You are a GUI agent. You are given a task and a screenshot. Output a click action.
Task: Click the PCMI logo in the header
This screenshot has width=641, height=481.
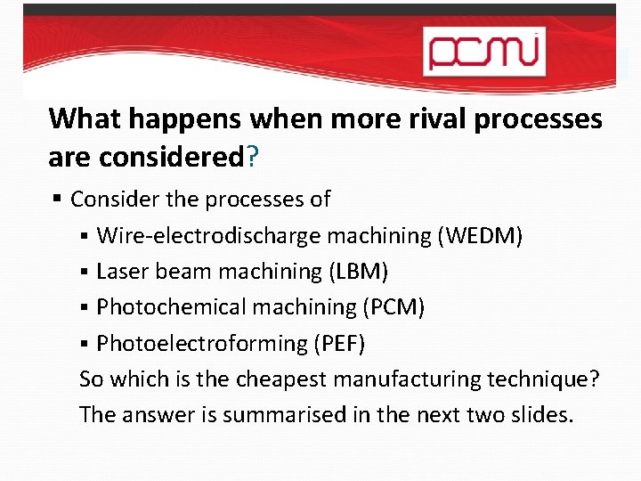[483, 50]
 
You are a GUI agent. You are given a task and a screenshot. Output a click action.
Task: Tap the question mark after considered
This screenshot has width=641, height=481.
[253, 158]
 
